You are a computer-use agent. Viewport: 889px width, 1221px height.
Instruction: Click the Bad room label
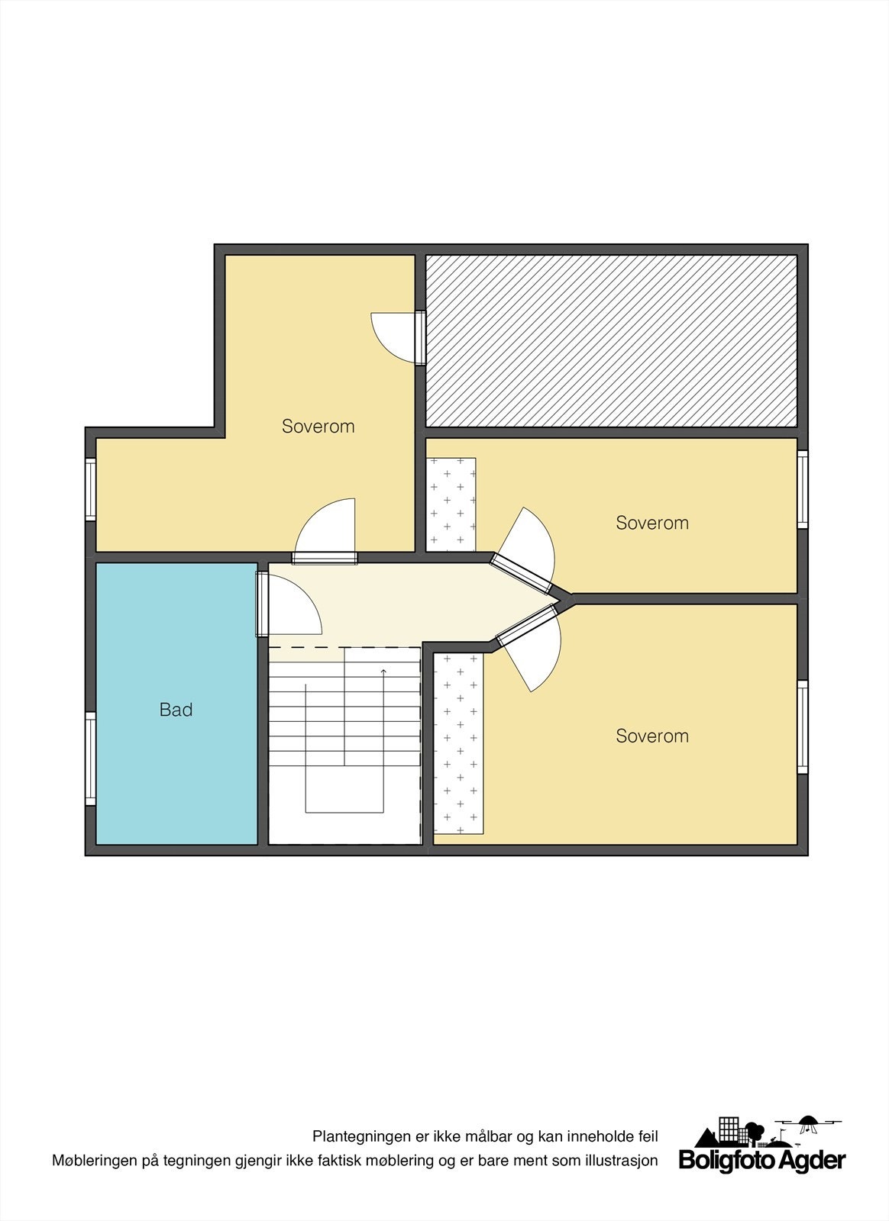pos(176,710)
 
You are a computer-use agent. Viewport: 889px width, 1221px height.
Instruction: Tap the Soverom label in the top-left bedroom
pos(318,426)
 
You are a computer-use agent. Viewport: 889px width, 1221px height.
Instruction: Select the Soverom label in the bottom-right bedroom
pos(651,736)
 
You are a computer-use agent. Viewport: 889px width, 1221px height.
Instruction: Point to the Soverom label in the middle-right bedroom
pos(651,523)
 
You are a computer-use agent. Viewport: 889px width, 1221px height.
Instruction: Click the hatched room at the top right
pos(611,340)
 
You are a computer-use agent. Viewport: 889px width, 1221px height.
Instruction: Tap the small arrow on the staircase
pos(383,672)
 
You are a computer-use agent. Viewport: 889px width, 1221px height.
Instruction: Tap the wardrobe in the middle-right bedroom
pos(451,504)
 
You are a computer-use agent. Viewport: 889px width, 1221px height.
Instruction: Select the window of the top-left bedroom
pos(90,489)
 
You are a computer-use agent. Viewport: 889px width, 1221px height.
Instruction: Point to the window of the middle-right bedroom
pos(803,489)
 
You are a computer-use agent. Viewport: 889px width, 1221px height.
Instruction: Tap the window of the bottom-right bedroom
pos(803,726)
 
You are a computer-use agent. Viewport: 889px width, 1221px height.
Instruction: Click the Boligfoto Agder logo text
pos(762,1161)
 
